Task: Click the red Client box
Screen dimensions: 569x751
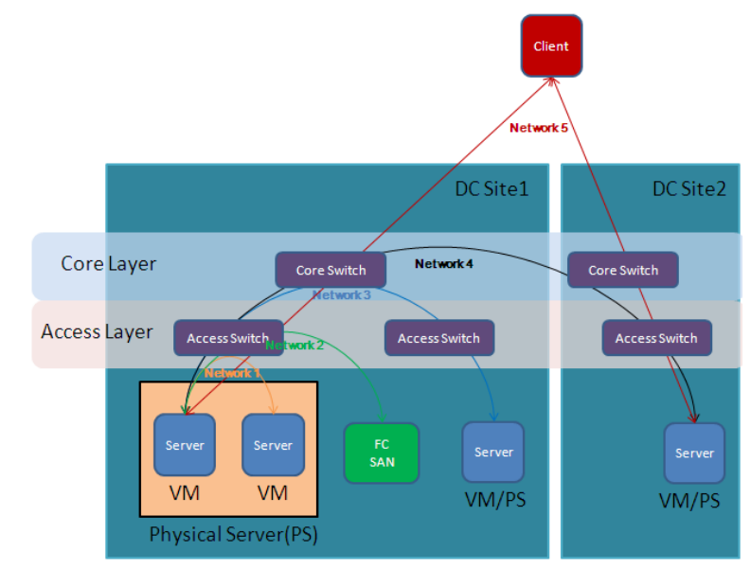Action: (551, 45)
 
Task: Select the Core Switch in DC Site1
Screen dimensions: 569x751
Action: (331, 270)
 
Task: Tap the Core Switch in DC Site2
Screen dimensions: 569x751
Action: (623, 270)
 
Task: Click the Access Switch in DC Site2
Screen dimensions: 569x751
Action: (656, 338)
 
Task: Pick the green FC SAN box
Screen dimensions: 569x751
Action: (381, 453)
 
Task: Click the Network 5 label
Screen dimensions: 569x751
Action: (538, 127)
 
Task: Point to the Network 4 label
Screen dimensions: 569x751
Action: (443, 263)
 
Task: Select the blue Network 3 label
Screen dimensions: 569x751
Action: (342, 295)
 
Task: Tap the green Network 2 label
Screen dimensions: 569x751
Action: (295, 346)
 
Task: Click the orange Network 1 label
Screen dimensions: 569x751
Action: (233, 373)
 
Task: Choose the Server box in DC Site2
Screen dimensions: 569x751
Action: (694, 453)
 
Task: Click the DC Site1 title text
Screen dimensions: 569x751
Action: (491, 188)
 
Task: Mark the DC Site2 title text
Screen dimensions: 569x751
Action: (688, 188)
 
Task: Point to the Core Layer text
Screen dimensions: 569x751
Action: (109, 263)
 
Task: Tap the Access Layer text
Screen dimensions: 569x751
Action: (97, 332)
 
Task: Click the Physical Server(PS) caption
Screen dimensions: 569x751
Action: (233, 535)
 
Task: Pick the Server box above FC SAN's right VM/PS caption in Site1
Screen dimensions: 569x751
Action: (493, 452)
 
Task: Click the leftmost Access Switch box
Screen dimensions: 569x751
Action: (227, 338)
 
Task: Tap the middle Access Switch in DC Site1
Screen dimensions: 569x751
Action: (438, 338)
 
